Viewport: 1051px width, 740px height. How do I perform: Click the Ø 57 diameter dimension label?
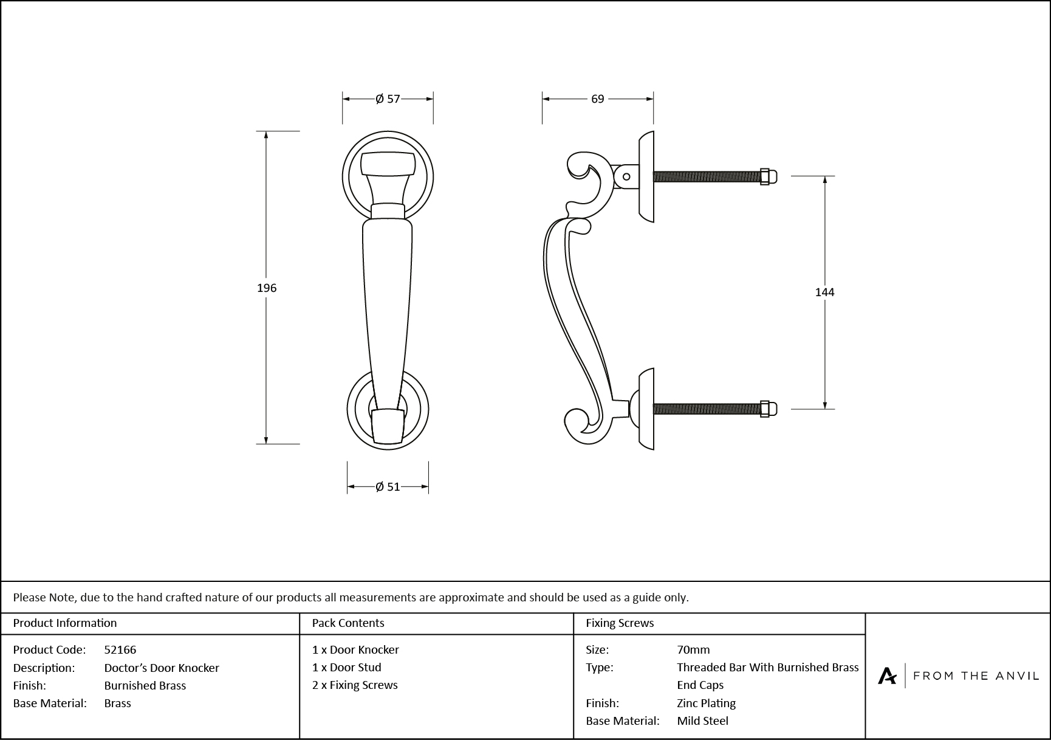point(388,99)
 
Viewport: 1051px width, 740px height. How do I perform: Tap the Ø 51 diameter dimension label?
point(388,486)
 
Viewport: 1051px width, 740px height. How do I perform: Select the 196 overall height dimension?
point(267,288)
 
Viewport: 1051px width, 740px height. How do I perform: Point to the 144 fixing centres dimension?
point(824,292)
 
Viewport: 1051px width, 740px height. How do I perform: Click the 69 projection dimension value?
point(598,99)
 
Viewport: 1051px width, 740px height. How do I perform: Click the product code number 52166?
point(120,649)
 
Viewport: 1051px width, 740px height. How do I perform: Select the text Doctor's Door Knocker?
point(162,668)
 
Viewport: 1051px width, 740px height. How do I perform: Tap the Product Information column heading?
point(65,623)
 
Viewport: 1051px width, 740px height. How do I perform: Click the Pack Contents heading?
point(348,623)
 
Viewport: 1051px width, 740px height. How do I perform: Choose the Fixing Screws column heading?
point(620,623)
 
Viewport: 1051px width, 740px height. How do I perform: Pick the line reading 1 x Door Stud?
point(347,667)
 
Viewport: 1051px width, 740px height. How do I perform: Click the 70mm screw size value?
point(693,649)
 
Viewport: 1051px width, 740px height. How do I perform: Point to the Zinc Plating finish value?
point(706,703)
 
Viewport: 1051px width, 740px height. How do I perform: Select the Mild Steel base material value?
point(702,721)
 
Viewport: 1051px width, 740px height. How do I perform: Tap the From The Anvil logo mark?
point(887,676)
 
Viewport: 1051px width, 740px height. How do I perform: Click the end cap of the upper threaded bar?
point(767,176)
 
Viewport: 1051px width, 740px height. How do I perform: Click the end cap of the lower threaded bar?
point(767,409)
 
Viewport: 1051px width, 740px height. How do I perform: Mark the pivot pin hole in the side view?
point(626,177)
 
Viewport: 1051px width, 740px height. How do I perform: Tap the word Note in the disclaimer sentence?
point(63,597)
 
